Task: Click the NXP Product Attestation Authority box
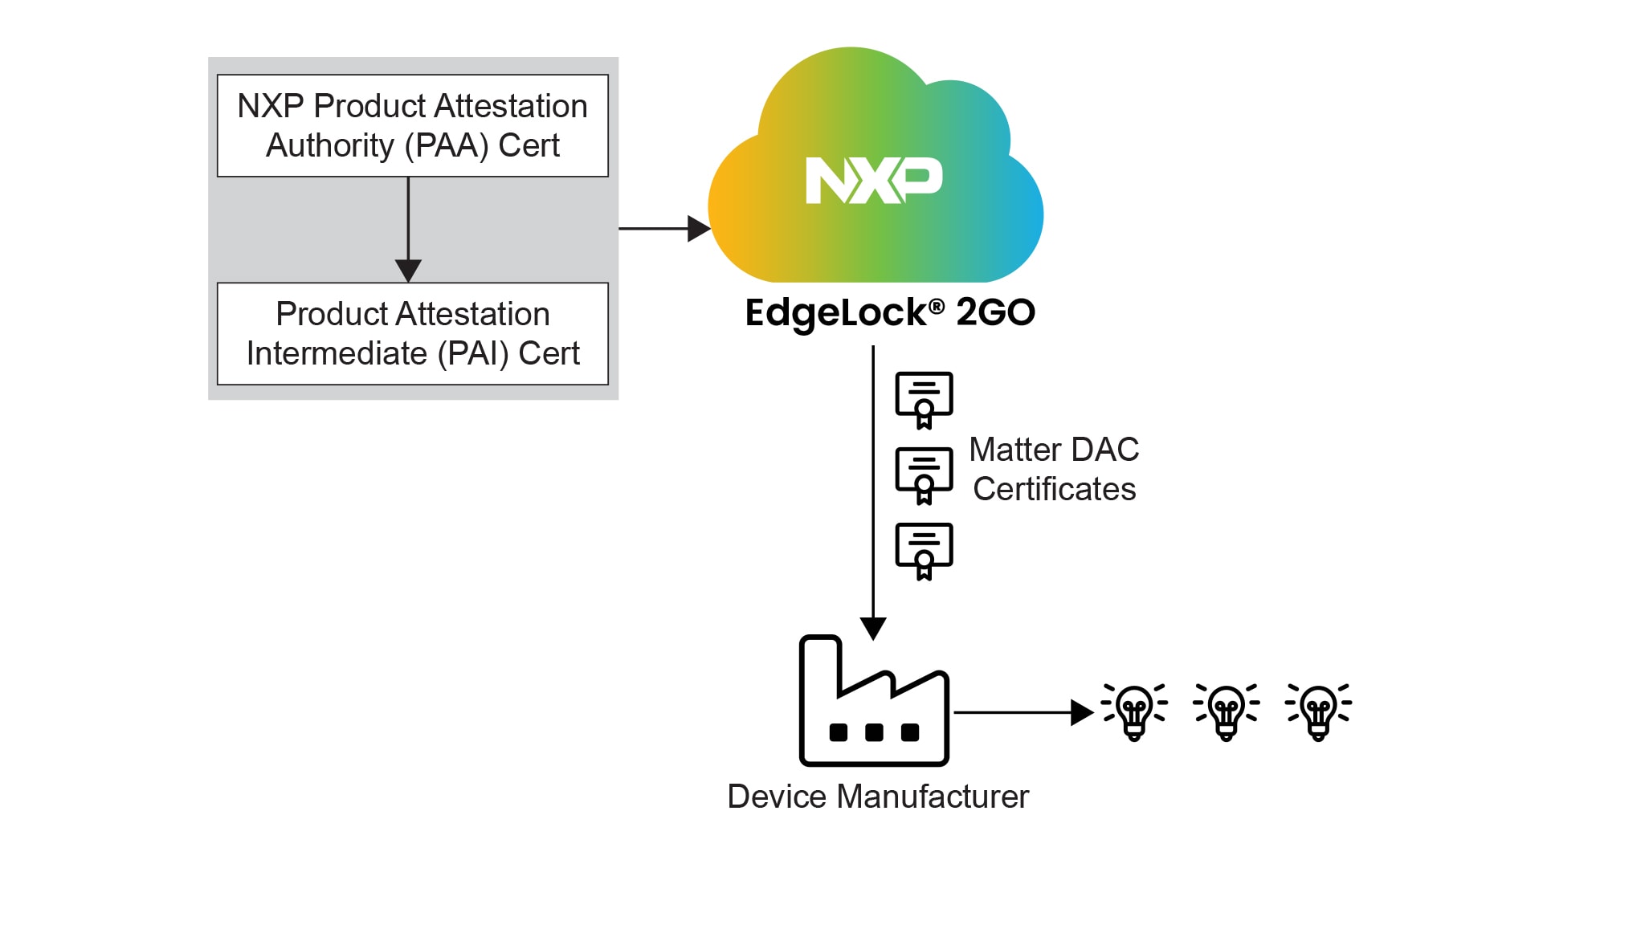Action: (x=412, y=125)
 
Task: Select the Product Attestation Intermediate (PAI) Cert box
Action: (x=412, y=333)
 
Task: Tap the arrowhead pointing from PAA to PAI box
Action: (x=408, y=271)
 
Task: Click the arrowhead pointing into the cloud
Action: (x=699, y=229)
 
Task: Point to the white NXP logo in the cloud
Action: (x=874, y=180)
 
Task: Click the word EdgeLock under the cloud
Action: (x=835, y=313)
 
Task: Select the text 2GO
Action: (x=995, y=312)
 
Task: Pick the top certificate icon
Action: (x=924, y=399)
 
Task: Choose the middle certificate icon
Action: (x=924, y=475)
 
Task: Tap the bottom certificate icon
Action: (x=924, y=550)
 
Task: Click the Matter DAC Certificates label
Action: (x=1054, y=469)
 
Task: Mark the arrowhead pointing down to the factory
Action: (x=873, y=628)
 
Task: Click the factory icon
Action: (x=874, y=703)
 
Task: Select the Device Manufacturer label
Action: (x=877, y=797)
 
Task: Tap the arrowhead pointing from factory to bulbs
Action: (x=1082, y=712)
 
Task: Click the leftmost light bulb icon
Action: (x=1134, y=711)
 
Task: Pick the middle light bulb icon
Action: (x=1227, y=711)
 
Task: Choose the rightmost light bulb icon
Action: (x=1318, y=711)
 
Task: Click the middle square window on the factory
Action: (x=874, y=732)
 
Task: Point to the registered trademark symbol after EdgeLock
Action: (x=937, y=306)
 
